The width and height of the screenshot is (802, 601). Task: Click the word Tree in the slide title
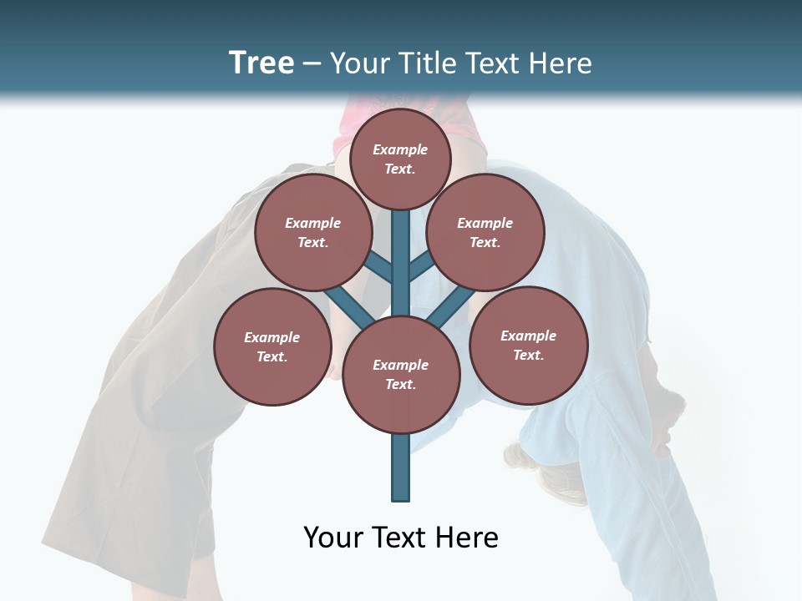tap(261, 63)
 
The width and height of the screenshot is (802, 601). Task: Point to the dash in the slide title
tap(312, 64)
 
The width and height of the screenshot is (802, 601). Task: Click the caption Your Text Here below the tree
tap(400, 538)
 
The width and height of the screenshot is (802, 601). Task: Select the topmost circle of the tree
tap(400, 159)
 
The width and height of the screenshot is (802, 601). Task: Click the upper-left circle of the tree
tap(312, 232)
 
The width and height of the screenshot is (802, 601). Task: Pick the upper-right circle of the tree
tap(485, 232)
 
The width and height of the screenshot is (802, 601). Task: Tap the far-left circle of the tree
tap(272, 346)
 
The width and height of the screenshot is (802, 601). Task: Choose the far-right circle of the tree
tap(529, 345)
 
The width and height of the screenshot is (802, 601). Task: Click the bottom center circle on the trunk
tap(401, 375)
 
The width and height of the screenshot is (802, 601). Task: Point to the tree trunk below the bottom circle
tap(401, 467)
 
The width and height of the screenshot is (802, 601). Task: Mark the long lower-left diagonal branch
tap(347, 304)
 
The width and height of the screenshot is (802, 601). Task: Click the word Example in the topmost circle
tap(400, 149)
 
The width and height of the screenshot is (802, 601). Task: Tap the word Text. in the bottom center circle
tap(400, 385)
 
